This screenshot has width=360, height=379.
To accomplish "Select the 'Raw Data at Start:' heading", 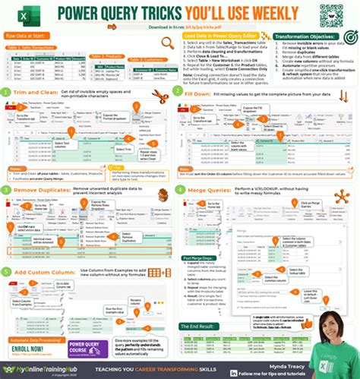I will click(x=27, y=36).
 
